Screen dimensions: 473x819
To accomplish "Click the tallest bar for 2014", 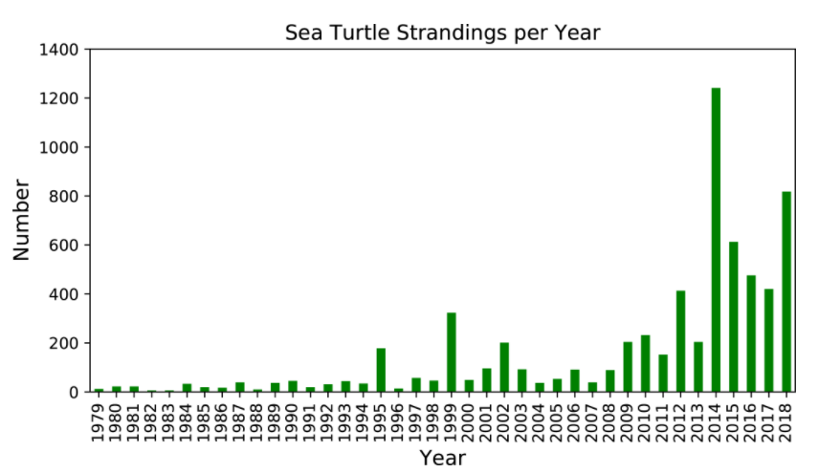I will coord(716,240).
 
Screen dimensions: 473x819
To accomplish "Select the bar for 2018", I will coord(786,291).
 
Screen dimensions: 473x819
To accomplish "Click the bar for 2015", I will coord(734,316).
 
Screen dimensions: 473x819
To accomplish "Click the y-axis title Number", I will coord(22,221).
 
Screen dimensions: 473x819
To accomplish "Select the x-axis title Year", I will coord(441,458).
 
